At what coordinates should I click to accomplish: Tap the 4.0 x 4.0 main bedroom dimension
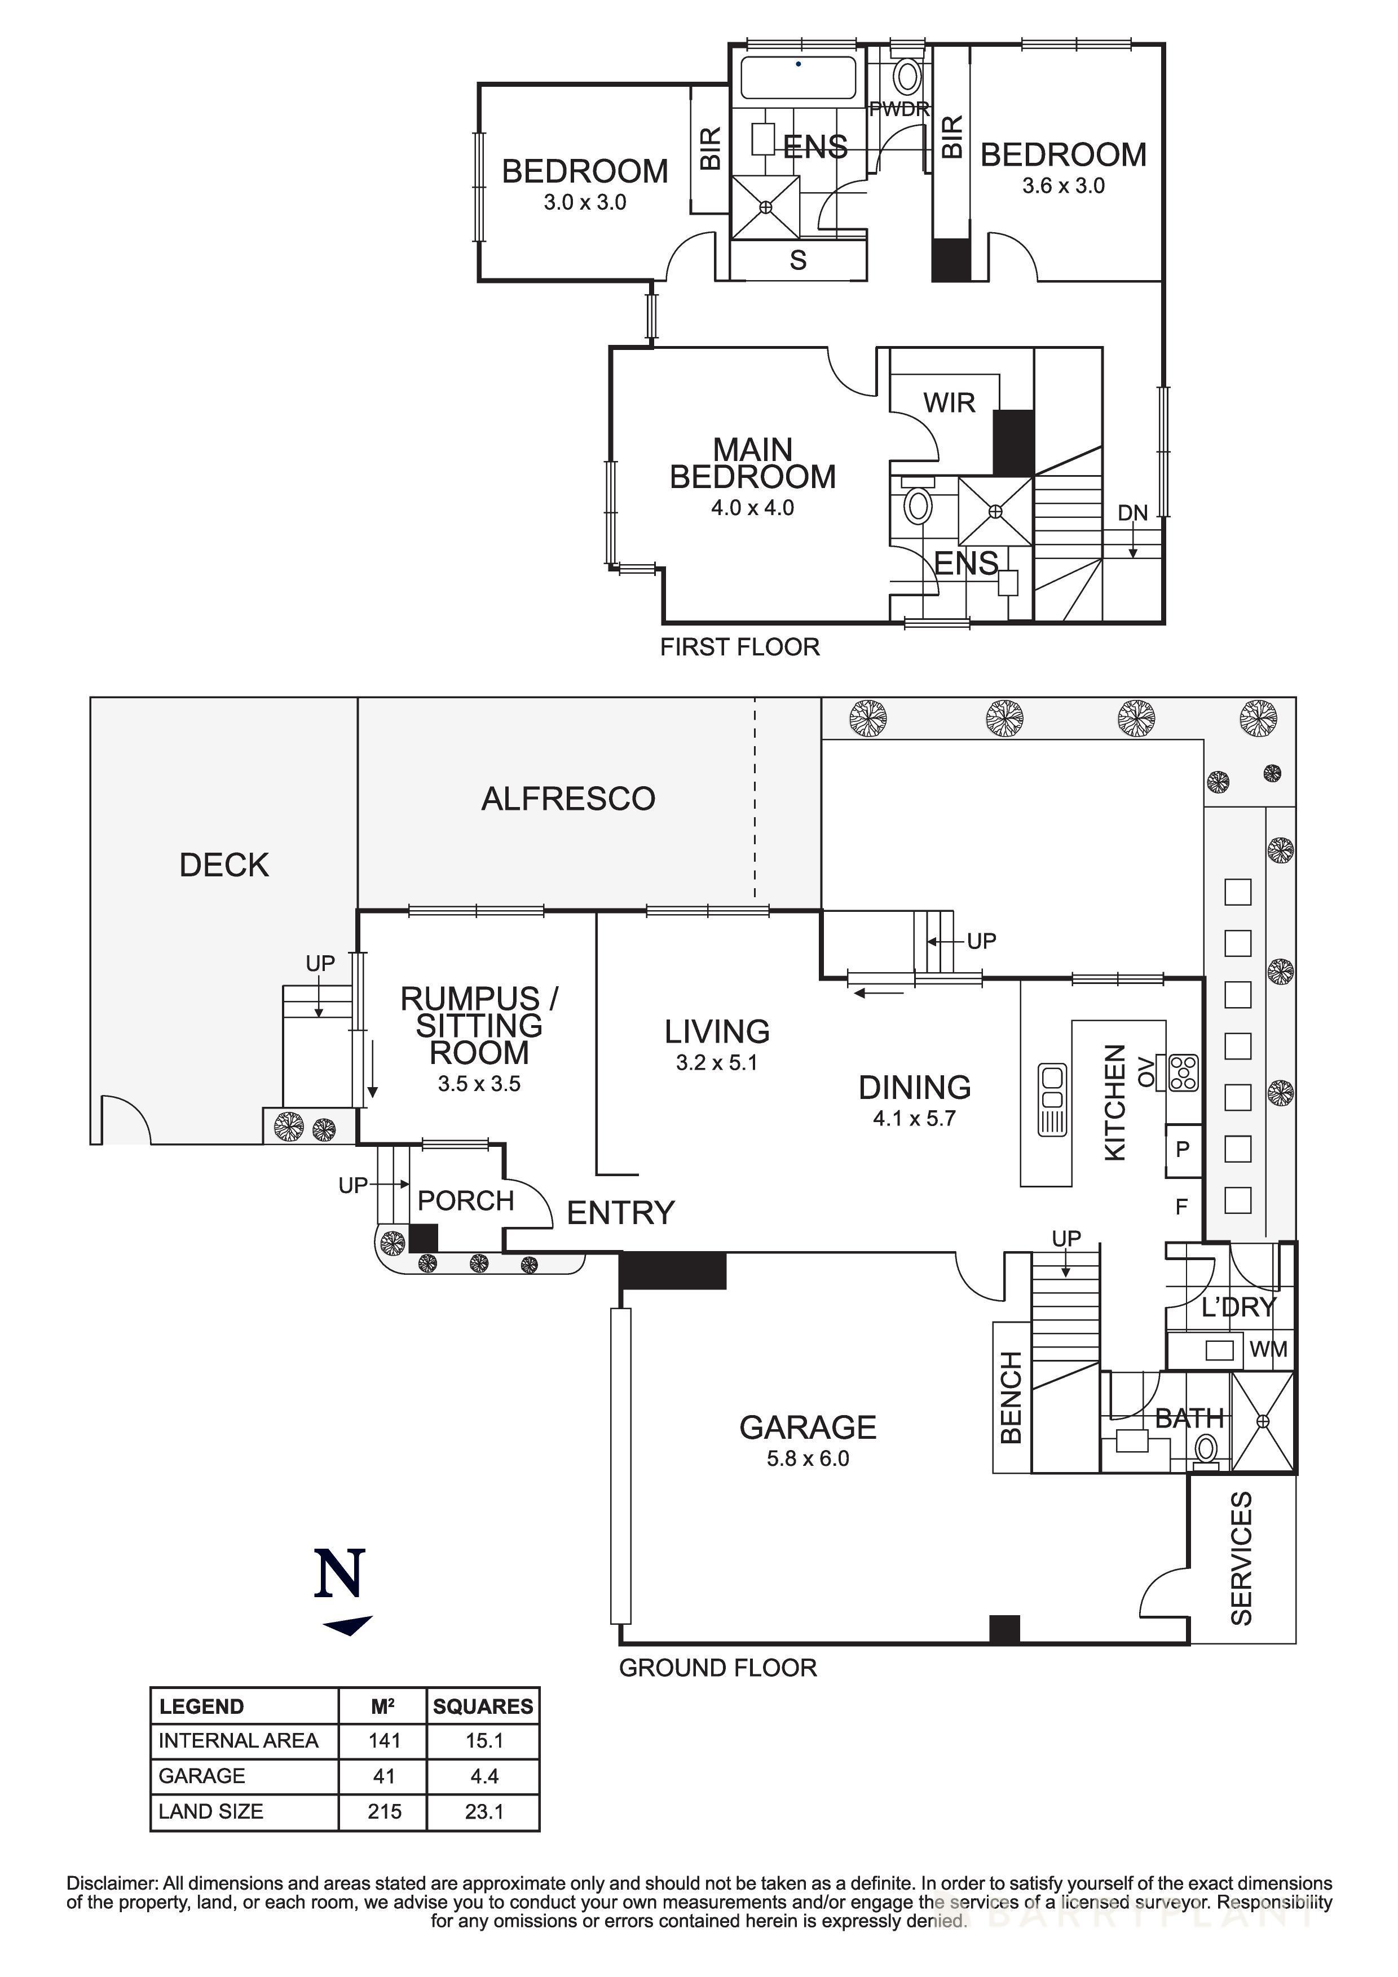752,508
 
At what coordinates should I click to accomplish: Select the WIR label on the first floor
949,402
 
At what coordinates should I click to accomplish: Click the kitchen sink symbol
1053,1100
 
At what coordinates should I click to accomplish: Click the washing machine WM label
1268,1349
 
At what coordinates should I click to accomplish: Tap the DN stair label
1133,513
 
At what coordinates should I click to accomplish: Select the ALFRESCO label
568,799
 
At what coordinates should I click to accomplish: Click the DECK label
224,865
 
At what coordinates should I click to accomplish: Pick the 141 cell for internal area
384,1740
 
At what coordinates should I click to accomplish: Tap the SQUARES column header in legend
483,1706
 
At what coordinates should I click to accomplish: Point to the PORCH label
465,1200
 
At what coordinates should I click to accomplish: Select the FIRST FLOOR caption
739,646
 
